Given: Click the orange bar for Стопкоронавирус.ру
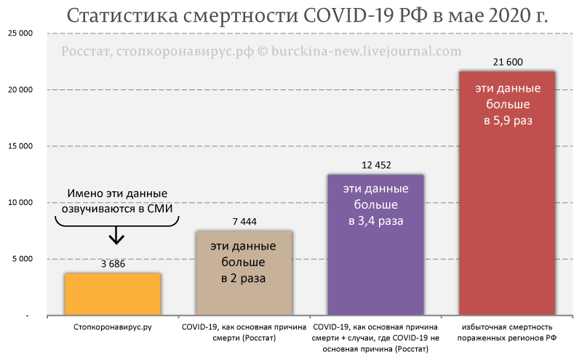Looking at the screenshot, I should click(113, 294).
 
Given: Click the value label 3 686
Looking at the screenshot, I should click(113, 264).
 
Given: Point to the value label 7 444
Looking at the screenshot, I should click(244, 222).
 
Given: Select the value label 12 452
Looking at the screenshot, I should click(375, 165).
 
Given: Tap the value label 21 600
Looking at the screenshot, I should click(507, 63).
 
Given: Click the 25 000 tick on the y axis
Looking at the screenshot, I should click(21, 33).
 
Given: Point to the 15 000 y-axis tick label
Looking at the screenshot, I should click(21, 146).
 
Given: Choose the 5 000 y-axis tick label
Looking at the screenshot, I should click(23, 259).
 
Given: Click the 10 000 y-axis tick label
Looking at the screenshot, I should click(21, 203).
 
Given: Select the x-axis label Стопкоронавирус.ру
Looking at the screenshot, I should click(112, 329).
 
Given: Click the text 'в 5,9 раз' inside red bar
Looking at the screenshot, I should click(508, 121).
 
